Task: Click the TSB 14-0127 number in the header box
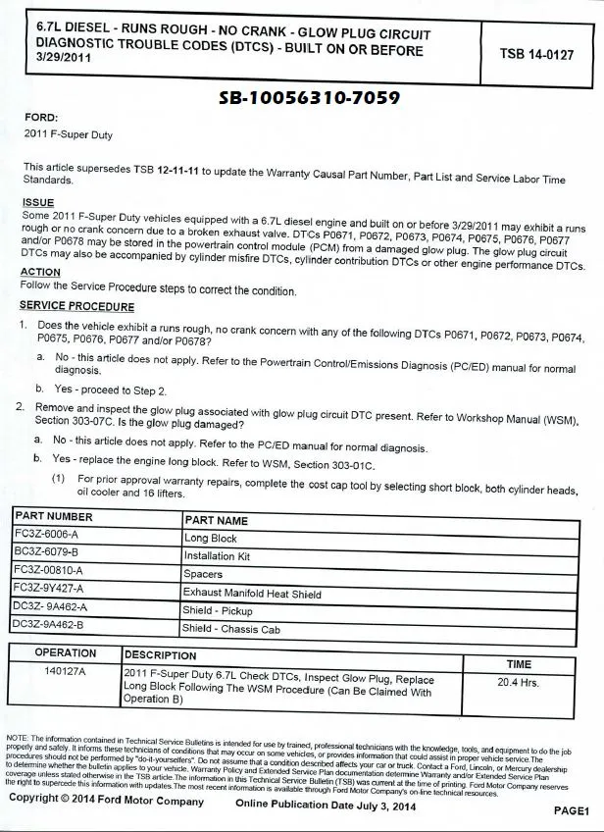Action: click(x=536, y=54)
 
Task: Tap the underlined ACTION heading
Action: click(x=40, y=272)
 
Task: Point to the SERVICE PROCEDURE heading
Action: click(x=76, y=306)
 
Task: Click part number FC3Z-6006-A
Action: click(x=46, y=536)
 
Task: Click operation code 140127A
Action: click(x=66, y=672)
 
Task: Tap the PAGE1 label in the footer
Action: click(x=571, y=811)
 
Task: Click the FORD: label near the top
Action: click(x=40, y=117)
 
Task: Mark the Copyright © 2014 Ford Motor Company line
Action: click(x=107, y=801)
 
